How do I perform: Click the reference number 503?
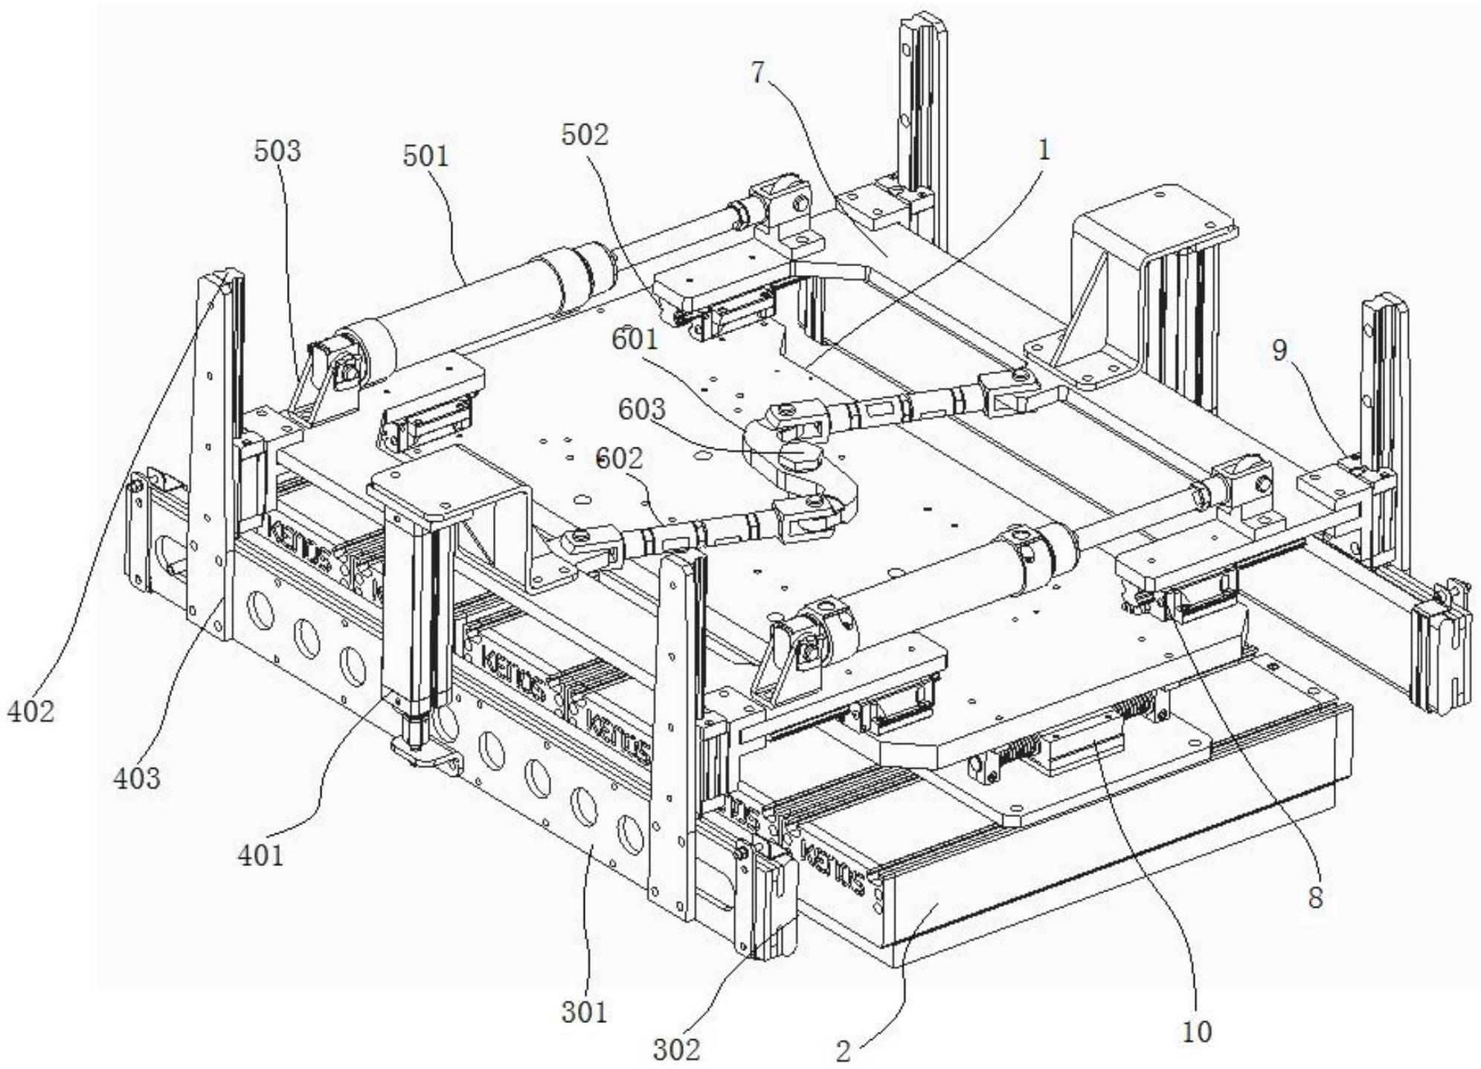(277, 151)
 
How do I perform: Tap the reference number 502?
(585, 135)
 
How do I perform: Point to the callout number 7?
(757, 74)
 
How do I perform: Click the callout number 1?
(1044, 150)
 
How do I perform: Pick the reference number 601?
(635, 340)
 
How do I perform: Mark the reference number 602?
(620, 459)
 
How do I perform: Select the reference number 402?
(30, 711)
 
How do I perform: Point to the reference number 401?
(260, 855)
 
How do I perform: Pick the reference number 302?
(677, 1049)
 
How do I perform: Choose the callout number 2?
(843, 1051)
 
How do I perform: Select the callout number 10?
(1197, 1031)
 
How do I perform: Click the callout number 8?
(1315, 898)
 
